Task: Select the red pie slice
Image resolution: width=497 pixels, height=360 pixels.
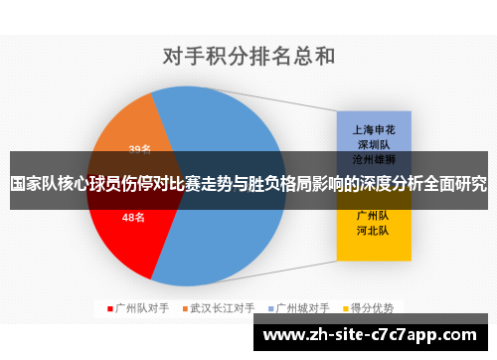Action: (x=124, y=234)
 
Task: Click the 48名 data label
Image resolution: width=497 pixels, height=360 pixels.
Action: (x=134, y=216)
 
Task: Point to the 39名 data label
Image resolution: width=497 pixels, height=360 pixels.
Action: (x=140, y=149)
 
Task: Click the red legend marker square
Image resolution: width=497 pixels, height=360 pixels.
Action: (x=110, y=308)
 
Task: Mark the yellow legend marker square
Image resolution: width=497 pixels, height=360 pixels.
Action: (x=346, y=308)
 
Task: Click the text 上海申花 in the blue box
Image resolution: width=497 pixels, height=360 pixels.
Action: (x=374, y=129)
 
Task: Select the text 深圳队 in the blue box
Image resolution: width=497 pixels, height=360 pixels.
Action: (x=374, y=144)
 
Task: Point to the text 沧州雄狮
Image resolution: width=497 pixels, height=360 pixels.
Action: (x=374, y=159)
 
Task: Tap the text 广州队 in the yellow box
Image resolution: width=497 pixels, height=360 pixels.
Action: (x=374, y=216)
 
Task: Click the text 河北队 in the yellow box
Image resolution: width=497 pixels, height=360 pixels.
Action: (x=374, y=231)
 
